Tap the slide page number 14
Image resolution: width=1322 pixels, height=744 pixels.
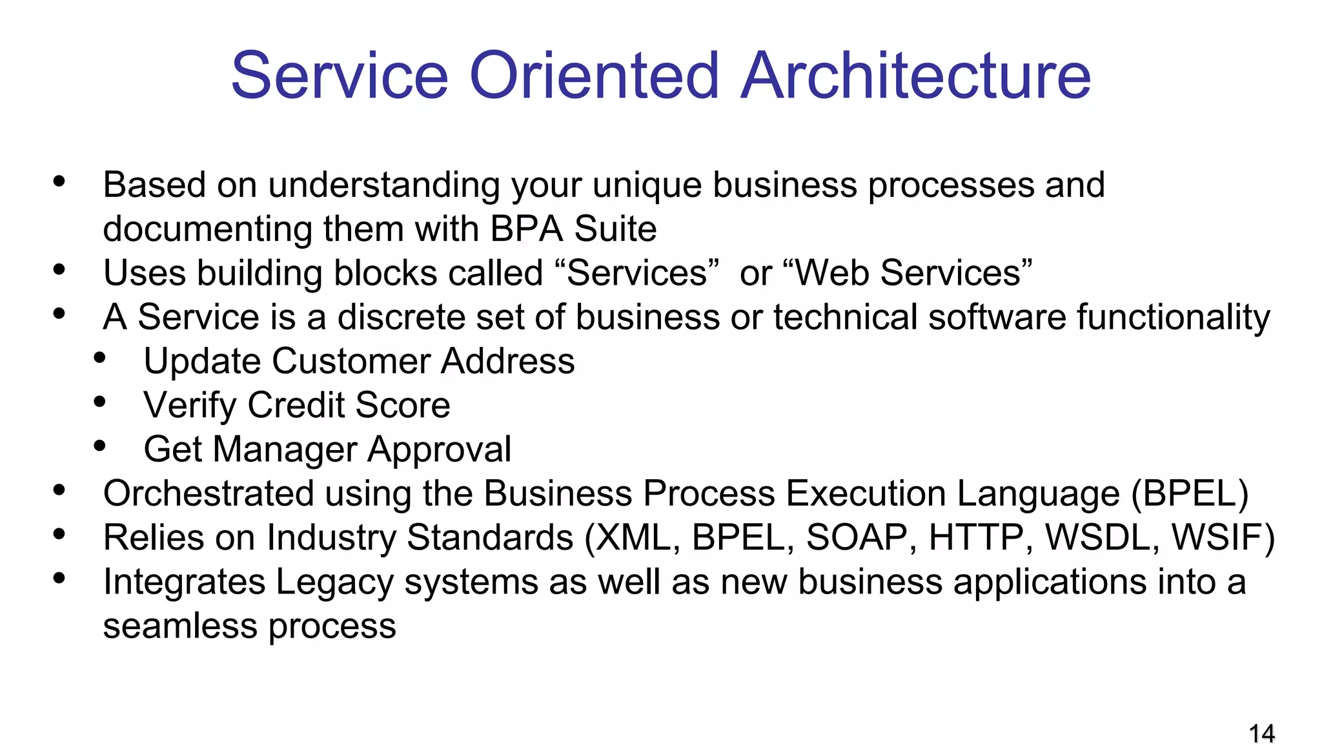click(1261, 734)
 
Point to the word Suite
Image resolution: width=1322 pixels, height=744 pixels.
click(615, 229)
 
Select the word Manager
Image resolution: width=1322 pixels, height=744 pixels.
click(285, 449)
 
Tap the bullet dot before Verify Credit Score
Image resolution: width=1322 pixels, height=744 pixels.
click(99, 402)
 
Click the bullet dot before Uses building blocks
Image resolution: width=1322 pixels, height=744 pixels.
click(59, 269)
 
